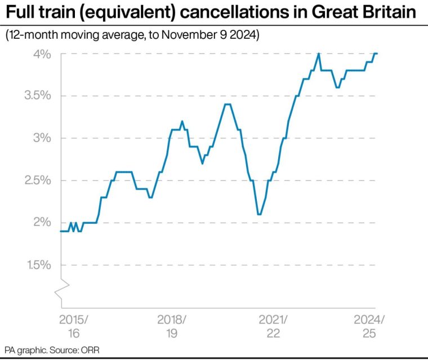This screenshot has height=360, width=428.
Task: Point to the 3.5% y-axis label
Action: pyautogui.click(x=38, y=96)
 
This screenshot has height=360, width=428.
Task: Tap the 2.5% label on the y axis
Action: pyautogui.click(x=38, y=181)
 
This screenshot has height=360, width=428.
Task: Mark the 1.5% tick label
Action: pyautogui.click(x=38, y=265)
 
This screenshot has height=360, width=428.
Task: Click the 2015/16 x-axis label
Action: pyautogui.click(x=74, y=327)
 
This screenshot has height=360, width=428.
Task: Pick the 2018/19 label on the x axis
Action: pyautogui.click(x=172, y=327)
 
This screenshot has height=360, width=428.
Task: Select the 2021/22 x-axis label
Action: pyautogui.click(x=273, y=327)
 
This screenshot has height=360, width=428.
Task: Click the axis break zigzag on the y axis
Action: pyautogui.click(x=61, y=286)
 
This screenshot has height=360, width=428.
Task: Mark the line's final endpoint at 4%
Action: pyautogui.click(x=377, y=53)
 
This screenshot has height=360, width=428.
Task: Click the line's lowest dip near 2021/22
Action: pyautogui.click(x=259, y=214)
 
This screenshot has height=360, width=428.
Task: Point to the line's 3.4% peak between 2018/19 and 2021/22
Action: pyautogui.click(x=228, y=104)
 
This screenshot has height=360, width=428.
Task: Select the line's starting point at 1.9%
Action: pyautogui.click(x=60, y=231)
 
